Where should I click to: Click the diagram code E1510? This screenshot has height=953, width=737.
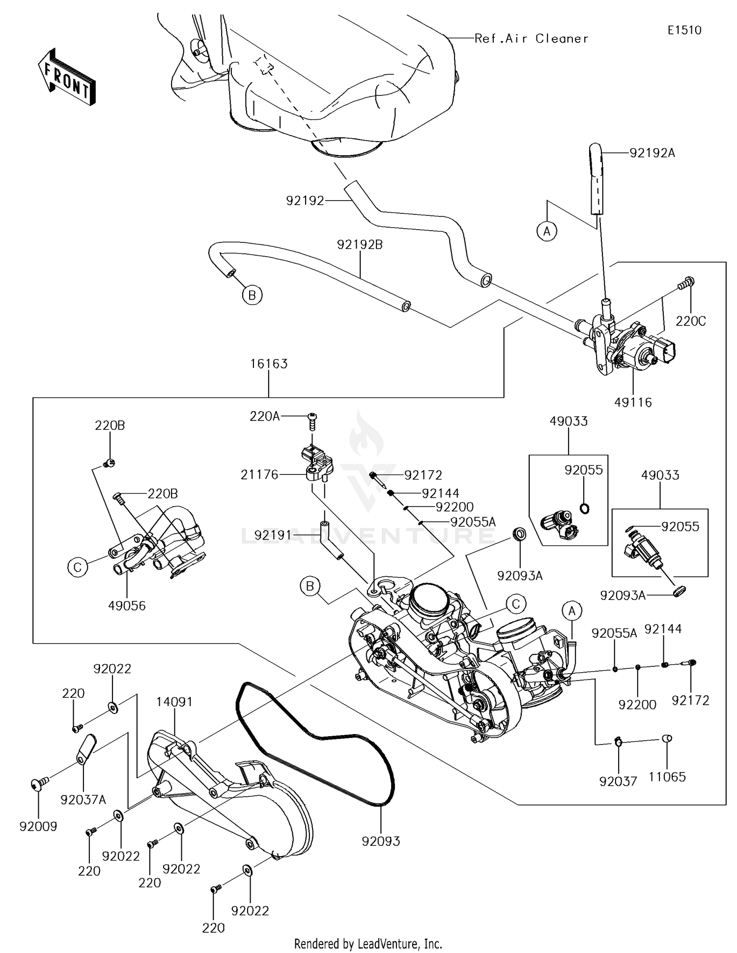click(684, 30)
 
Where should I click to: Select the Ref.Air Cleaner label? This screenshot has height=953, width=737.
click(531, 39)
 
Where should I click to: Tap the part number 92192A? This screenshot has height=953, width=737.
click(652, 153)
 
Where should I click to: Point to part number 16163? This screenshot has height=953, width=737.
click(269, 364)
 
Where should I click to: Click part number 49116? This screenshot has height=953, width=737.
click(633, 402)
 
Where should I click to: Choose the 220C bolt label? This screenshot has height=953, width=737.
click(690, 321)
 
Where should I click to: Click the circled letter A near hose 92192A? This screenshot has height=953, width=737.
click(547, 231)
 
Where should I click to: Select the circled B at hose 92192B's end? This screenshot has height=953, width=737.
click(252, 296)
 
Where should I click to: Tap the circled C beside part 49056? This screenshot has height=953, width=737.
click(77, 567)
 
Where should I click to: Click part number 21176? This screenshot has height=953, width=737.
click(259, 475)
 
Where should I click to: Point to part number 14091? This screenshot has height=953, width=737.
click(174, 702)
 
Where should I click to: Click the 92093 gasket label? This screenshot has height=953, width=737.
click(381, 841)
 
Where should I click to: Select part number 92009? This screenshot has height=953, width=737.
click(38, 827)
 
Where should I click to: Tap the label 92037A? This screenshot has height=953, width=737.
click(83, 800)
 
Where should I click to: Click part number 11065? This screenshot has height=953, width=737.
click(667, 777)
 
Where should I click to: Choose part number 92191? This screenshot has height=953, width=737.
click(273, 535)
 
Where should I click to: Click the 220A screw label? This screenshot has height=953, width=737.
click(265, 417)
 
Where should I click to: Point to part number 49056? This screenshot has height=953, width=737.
click(127, 606)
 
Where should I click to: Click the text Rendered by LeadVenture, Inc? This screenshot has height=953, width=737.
click(368, 944)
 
